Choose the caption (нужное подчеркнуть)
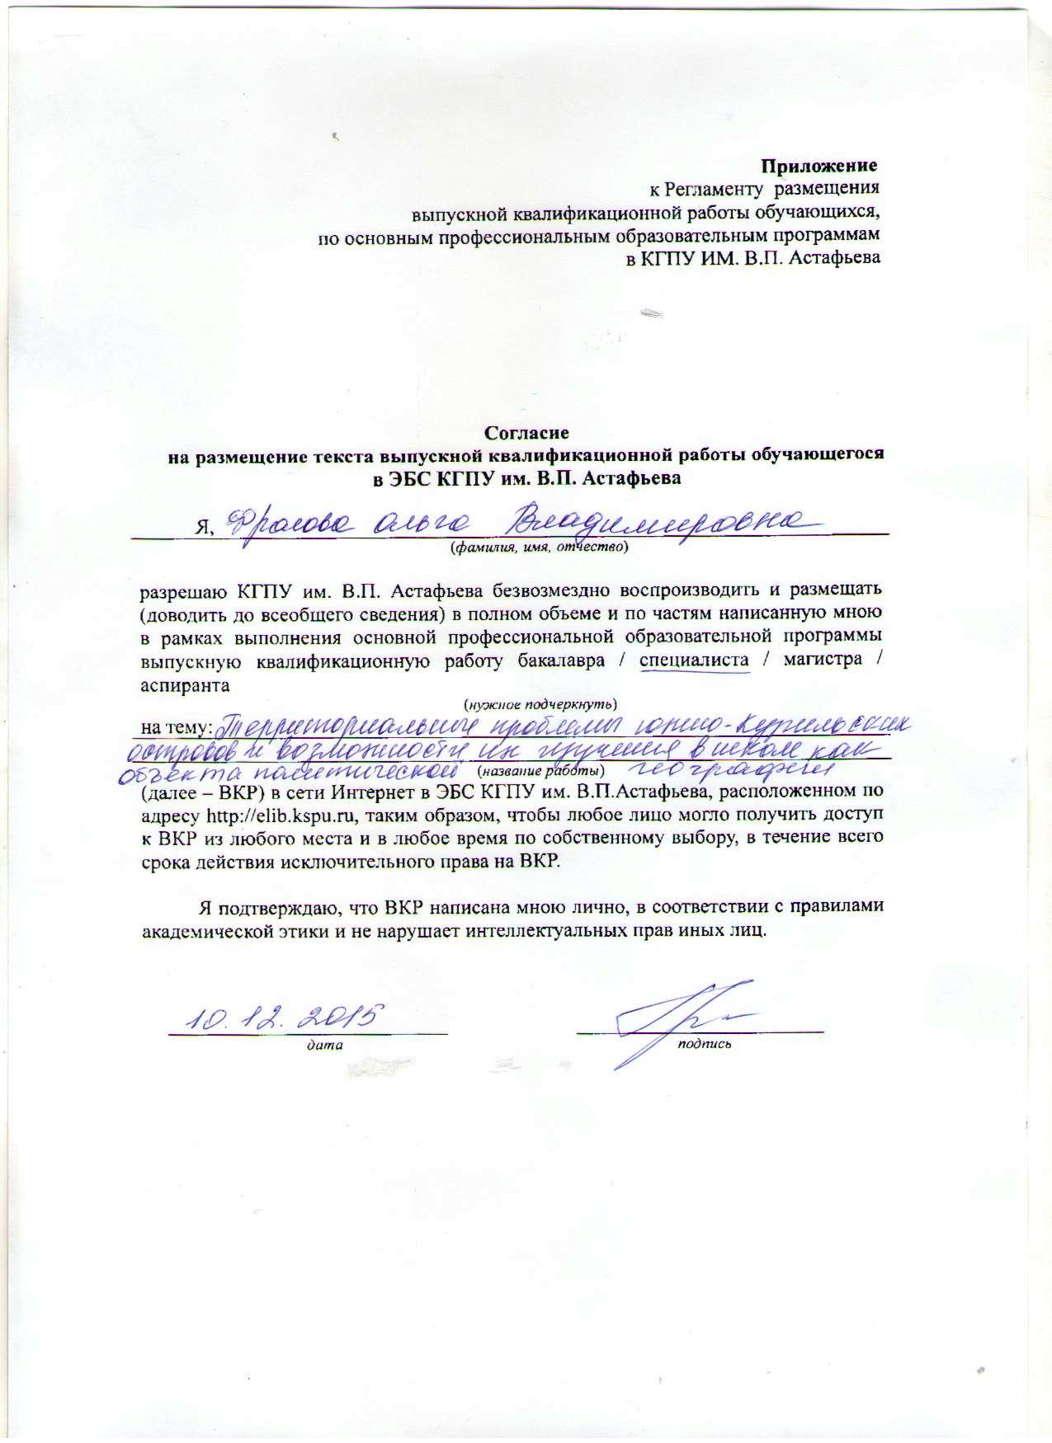pyautogui.click(x=540, y=704)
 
